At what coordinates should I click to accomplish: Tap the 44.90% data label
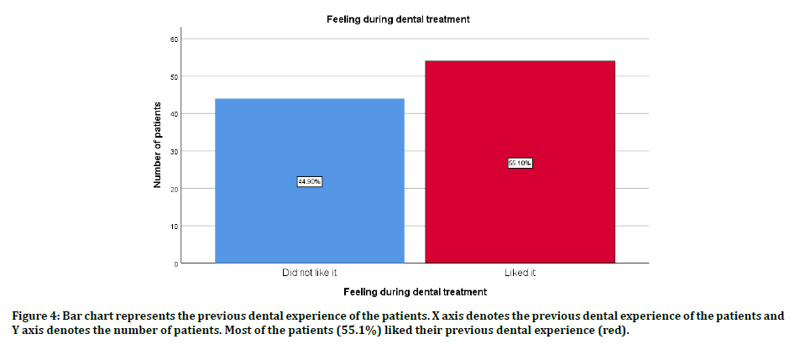(310, 181)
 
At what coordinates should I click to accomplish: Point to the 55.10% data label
(520, 163)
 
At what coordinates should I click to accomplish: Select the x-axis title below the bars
(415, 292)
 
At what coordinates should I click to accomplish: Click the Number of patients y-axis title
(158, 152)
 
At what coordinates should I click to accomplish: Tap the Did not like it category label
(310, 274)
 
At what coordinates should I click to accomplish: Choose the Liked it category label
(520, 274)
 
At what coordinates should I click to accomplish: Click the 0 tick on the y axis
(175, 263)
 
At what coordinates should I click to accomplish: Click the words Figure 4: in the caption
(34, 316)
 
